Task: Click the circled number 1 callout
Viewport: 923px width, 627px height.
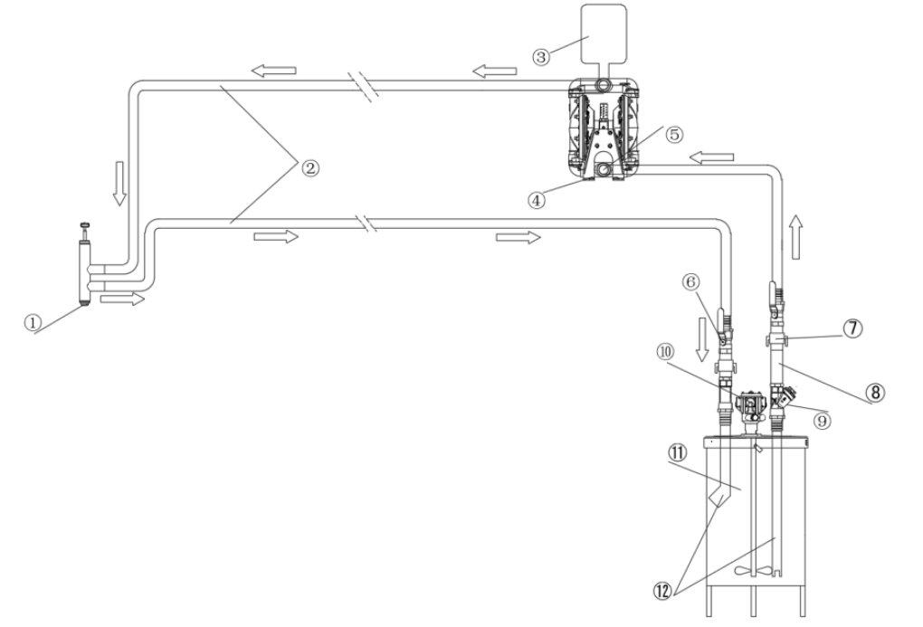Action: click(33, 322)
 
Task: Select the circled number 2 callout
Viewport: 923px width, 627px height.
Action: click(310, 168)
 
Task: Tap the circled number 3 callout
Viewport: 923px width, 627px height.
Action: click(541, 57)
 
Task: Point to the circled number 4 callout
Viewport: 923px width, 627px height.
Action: click(537, 200)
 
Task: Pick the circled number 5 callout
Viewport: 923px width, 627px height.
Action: click(674, 134)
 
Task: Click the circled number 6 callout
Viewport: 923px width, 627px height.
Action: click(690, 282)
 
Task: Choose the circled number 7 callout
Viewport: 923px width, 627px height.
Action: click(853, 328)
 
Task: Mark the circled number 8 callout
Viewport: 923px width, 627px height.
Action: click(875, 392)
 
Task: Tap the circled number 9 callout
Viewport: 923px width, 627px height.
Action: click(822, 421)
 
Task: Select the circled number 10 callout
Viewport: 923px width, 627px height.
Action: click(666, 352)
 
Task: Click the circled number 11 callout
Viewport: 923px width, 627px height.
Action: click(677, 452)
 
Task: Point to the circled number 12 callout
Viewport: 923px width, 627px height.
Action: click(662, 591)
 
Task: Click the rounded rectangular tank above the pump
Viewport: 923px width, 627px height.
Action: click(604, 34)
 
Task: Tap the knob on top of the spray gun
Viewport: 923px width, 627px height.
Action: click(86, 224)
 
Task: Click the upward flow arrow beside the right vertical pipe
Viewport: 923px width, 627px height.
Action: click(795, 237)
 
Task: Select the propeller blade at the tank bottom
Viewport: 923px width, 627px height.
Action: click(754, 571)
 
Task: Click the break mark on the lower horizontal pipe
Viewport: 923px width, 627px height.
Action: click(367, 223)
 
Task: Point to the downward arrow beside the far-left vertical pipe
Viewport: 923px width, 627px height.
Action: click(119, 183)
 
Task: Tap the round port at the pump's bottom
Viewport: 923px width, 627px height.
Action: click(604, 171)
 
